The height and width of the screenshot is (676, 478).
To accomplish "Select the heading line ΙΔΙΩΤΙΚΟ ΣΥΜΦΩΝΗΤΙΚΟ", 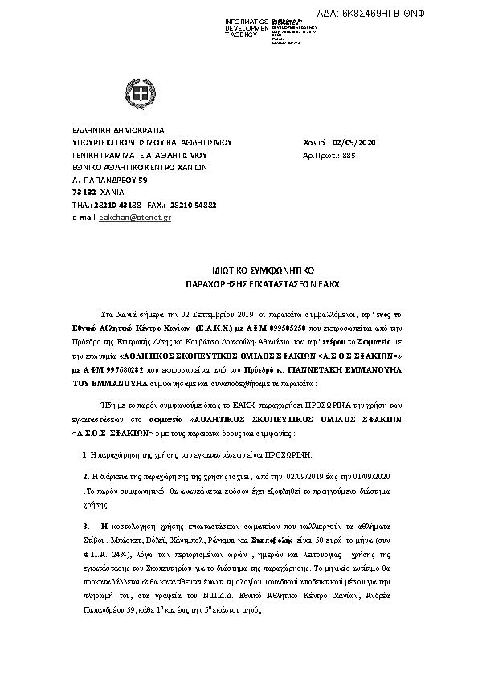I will point(239,272).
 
